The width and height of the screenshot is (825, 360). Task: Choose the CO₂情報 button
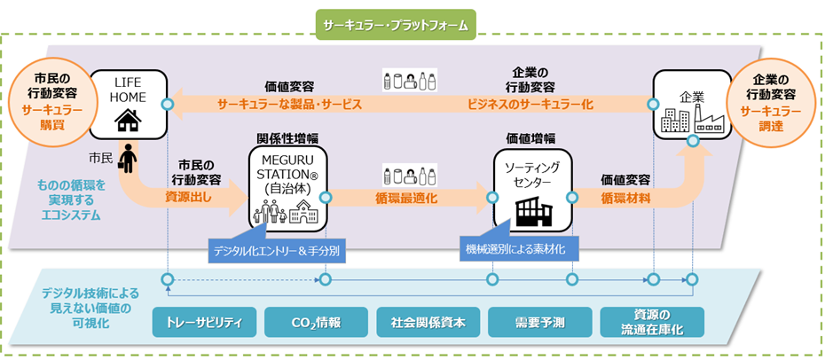(316, 322)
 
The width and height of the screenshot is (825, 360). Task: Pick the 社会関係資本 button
(428, 322)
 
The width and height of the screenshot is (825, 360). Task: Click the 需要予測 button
(540, 322)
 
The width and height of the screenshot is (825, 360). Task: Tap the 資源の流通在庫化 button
(652, 322)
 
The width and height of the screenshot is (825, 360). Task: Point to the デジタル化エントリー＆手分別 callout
(278, 252)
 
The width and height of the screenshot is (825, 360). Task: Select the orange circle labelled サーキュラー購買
(51, 98)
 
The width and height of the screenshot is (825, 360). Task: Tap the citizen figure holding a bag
(129, 159)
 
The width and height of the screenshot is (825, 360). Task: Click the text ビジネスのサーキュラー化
(530, 104)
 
